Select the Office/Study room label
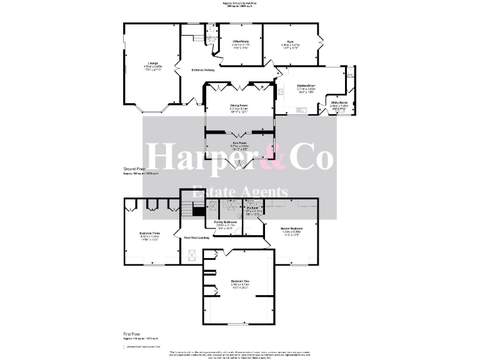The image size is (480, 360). pos(241,41)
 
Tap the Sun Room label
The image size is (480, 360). pos(239,143)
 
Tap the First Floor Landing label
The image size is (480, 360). pos(195,238)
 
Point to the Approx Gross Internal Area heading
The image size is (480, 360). pos(240,3)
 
